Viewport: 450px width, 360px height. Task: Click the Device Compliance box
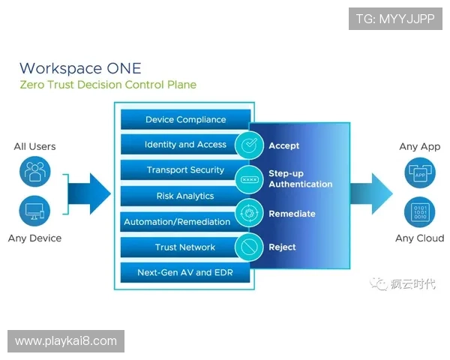pos(185,120)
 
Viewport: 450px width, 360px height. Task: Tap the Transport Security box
pos(185,170)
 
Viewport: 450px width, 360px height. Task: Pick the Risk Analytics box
pos(185,196)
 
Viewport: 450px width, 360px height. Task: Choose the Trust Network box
pos(185,247)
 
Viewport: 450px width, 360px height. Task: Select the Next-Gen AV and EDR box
pos(185,272)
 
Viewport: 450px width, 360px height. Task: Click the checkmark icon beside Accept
pos(248,145)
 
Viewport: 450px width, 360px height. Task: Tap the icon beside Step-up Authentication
pos(248,179)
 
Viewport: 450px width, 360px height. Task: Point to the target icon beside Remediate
pos(248,213)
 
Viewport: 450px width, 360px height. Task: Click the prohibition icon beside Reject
pos(248,247)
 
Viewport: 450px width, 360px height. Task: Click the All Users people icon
pos(34,172)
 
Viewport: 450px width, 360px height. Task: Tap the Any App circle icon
pos(419,173)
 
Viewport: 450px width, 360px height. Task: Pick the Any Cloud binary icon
pos(419,212)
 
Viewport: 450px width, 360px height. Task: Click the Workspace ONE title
pos(79,68)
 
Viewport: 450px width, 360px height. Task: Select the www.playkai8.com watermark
pos(66,341)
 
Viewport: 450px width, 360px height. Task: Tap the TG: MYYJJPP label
pos(394,18)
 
